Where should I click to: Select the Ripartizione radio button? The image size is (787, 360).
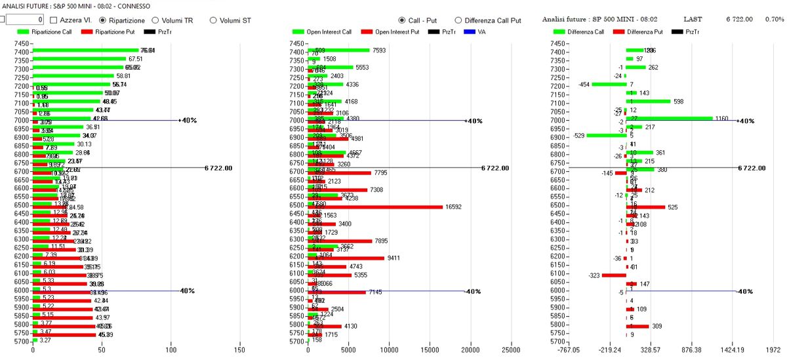coord(104,20)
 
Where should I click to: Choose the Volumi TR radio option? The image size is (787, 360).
coord(156,20)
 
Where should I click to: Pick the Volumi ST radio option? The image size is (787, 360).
coord(213,20)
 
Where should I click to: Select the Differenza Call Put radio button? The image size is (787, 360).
coord(458,20)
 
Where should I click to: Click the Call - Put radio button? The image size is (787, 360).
coord(401,20)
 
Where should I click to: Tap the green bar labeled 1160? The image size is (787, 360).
coord(669,119)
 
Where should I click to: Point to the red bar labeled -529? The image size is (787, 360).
coord(607,135)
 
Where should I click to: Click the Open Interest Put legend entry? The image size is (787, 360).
coord(393,31)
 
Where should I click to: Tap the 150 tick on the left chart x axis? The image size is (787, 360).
coord(239,350)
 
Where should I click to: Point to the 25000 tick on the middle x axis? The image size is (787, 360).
coord(511,350)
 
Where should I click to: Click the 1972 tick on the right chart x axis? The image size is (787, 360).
coord(777,350)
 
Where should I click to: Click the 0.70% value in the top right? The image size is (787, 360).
coord(774,20)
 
